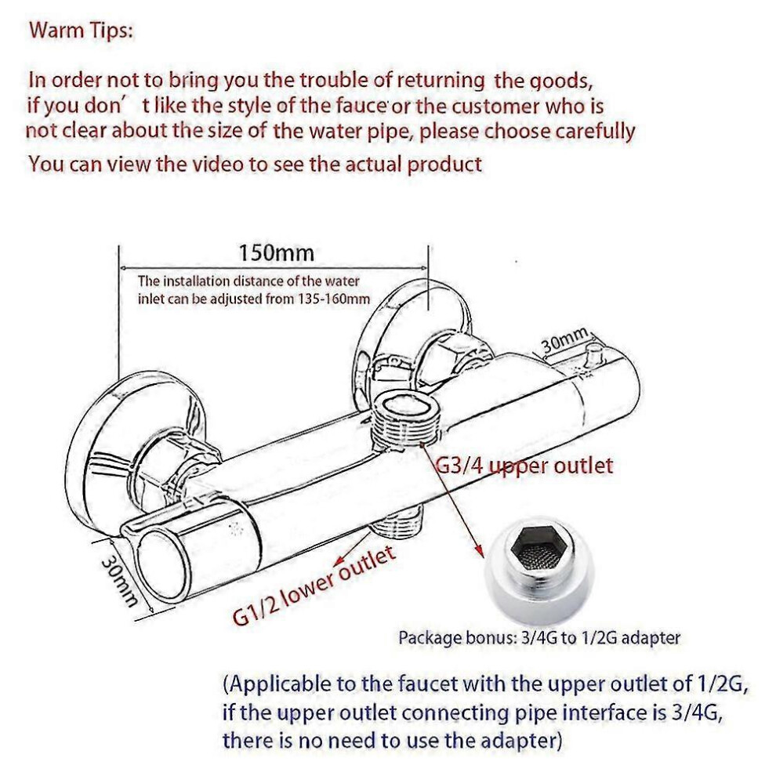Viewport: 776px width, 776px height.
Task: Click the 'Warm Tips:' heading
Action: click(x=82, y=31)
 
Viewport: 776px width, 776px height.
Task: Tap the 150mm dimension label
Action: click(x=276, y=253)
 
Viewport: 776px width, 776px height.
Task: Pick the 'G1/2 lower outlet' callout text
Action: click(x=314, y=586)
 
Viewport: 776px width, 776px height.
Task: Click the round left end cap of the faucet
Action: click(x=163, y=564)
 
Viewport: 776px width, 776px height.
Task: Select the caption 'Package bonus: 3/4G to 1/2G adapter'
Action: click(x=539, y=637)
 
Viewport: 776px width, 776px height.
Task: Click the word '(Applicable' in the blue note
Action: click(x=277, y=685)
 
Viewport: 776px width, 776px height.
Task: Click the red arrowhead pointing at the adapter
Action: click(x=478, y=551)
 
